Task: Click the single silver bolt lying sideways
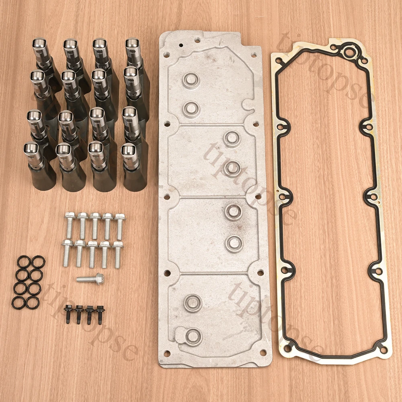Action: (x=90, y=279)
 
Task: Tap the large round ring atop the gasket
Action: (x=349, y=53)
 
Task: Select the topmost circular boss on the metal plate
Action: (x=191, y=80)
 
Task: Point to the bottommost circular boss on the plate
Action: (x=194, y=337)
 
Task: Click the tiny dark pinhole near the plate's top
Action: (x=181, y=45)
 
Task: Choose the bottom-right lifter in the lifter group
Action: (x=134, y=167)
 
